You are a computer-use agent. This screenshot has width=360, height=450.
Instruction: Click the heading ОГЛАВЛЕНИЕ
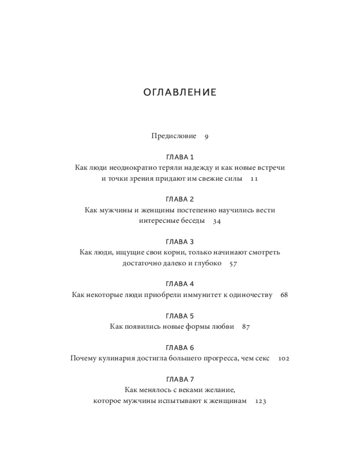coord(180,93)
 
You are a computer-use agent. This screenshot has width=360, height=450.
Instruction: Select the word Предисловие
coord(174,136)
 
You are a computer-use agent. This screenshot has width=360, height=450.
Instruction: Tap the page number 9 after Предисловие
coord(206,136)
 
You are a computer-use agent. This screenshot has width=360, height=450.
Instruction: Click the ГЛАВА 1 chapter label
coord(180,157)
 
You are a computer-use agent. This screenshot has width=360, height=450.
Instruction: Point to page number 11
coord(254,179)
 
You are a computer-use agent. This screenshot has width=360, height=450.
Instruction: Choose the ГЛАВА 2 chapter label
coord(180,199)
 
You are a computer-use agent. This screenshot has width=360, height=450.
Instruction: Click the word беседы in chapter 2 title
coord(192,221)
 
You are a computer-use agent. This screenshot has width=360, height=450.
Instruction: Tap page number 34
coord(217,221)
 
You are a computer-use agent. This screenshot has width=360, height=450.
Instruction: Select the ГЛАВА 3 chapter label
coord(180,242)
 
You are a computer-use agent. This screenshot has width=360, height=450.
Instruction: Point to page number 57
coord(233,264)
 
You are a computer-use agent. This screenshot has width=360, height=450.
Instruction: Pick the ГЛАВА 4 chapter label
coord(180,284)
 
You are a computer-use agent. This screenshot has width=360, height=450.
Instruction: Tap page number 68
coord(283,295)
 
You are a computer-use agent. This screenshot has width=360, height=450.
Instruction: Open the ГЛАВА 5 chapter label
coord(180,316)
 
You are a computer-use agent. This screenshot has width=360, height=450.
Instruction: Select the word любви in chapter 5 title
coord(224,327)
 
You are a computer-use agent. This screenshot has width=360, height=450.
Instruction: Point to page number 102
coord(283,359)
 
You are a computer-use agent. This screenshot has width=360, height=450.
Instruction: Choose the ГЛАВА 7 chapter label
coord(180,379)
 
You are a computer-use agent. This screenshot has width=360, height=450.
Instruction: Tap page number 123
coord(261,401)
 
